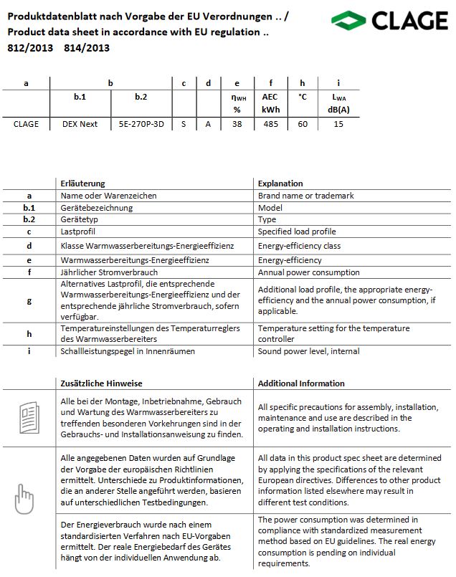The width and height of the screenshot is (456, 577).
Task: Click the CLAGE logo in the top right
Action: (391, 22)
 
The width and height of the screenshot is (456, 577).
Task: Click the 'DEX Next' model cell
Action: (80, 124)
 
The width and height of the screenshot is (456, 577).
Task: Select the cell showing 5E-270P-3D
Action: (141, 124)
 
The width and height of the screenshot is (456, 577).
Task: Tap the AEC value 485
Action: (270, 124)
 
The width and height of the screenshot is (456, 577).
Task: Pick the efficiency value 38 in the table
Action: (237, 124)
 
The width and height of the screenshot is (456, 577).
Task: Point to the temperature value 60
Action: (303, 124)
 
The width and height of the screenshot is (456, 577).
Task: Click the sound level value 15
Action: (338, 124)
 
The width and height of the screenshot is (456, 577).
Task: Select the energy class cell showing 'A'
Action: (208, 124)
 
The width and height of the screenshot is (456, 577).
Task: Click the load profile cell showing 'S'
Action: (184, 124)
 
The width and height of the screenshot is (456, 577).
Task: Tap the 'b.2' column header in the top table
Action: (141, 96)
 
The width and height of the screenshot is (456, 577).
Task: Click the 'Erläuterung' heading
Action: (83, 183)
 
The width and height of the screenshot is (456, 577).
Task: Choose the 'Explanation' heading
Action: (280, 183)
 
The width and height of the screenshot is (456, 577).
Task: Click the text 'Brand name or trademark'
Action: (305, 196)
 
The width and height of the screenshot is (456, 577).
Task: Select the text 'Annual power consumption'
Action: (308, 272)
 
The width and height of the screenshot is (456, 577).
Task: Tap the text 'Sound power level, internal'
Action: (308, 351)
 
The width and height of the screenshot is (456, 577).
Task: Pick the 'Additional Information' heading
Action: (301, 383)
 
